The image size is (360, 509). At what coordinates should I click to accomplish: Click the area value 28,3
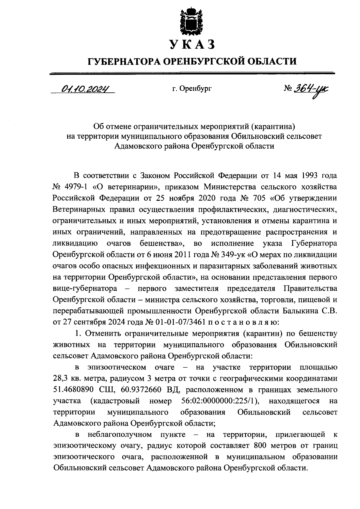click(61, 378)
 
